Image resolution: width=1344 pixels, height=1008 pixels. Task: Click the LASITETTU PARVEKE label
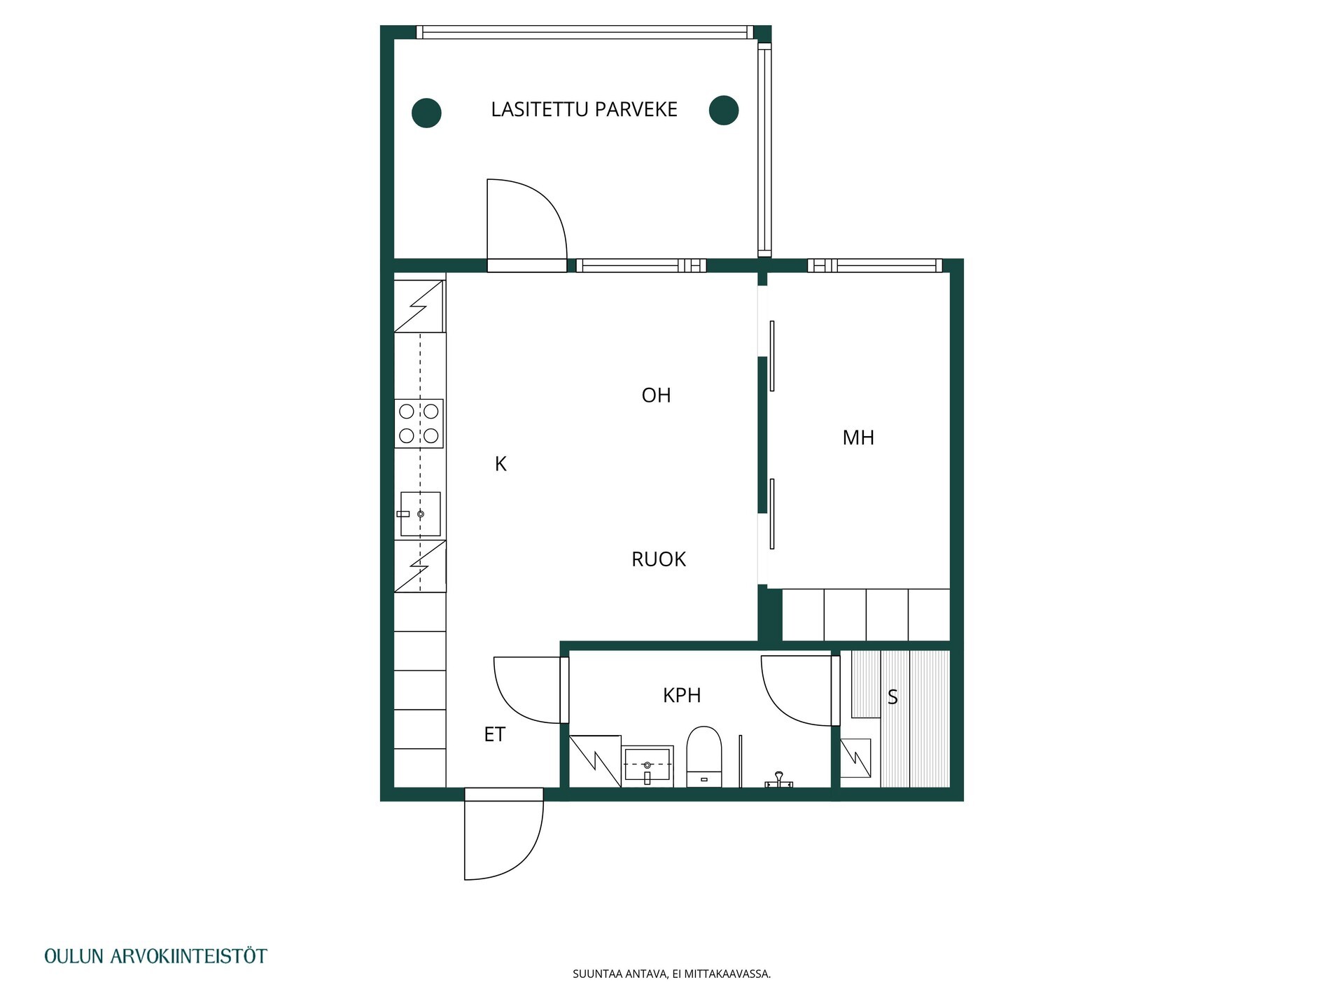pyautogui.click(x=584, y=110)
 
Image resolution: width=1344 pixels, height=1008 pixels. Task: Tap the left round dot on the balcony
pyautogui.click(x=426, y=113)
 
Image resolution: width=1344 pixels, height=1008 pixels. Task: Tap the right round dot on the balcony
pyautogui.click(x=724, y=111)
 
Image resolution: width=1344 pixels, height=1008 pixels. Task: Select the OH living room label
pyautogui.click(x=656, y=395)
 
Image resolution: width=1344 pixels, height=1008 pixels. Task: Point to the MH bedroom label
pyautogui.click(x=858, y=438)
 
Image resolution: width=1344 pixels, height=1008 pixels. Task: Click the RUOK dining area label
pyautogui.click(x=659, y=559)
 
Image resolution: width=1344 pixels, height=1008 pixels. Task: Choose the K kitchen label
pyautogui.click(x=500, y=464)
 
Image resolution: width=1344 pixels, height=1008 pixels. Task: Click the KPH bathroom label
pyautogui.click(x=682, y=695)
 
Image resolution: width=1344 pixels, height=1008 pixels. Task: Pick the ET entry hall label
pyautogui.click(x=495, y=734)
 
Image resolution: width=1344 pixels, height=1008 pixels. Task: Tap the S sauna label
pyautogui.click(x=892, y=697)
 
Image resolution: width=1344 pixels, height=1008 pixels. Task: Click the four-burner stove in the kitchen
pyautogui.click(x=419, y=423)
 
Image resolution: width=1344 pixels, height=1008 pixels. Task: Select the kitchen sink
pyautogui.click(x=420, y=514)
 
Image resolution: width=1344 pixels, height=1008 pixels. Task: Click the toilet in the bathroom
pyautogui.click(x=704, y=757)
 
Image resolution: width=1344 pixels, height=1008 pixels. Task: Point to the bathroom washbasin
pyautogui.click(x=647, y=766)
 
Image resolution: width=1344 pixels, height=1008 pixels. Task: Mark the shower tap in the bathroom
pyautogui.click(x=778, y=780)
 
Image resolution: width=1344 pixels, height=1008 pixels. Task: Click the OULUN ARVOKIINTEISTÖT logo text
pyautogui.click(x=155, y=956)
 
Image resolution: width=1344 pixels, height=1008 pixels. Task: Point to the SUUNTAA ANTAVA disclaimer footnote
pyautogui.click(x=671, y=974)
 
